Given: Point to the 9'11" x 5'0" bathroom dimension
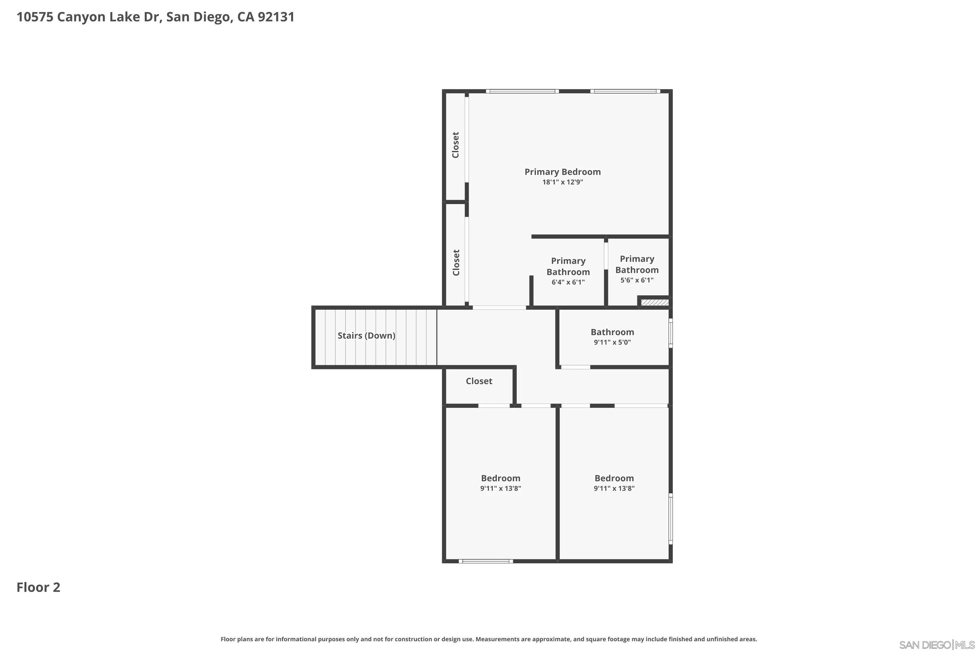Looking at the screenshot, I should (x=612, y=343).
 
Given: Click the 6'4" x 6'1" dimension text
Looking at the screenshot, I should (x=568, y=282).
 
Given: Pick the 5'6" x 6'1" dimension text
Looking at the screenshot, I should (x=637, y=280).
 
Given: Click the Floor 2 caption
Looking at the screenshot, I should (x=38, y=587).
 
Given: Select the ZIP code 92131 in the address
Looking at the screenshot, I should (x=276, y=17).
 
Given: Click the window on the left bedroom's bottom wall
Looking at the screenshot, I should (x=486, y=561).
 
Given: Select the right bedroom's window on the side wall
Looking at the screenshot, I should (x=670, y=519).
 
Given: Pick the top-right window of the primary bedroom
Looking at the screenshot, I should (x=625, y=91).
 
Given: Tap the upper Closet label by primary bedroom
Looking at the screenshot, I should (x=456, y=145).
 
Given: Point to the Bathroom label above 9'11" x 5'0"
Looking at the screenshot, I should (x=612, y=332).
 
